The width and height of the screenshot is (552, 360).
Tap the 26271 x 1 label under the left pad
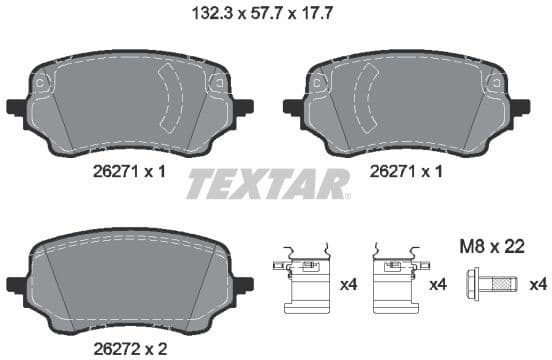(128, 171)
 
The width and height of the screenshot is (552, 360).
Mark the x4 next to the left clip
(348, 285)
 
